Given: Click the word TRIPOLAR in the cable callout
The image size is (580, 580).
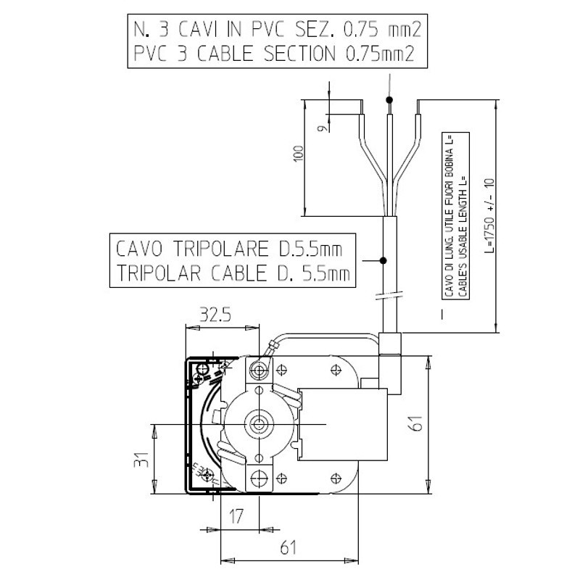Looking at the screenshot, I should point(162,273).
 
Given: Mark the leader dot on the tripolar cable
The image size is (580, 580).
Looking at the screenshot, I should point(384,260).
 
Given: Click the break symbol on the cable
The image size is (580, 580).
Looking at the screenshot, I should point(384,295).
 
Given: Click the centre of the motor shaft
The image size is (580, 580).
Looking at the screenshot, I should point(257,422).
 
